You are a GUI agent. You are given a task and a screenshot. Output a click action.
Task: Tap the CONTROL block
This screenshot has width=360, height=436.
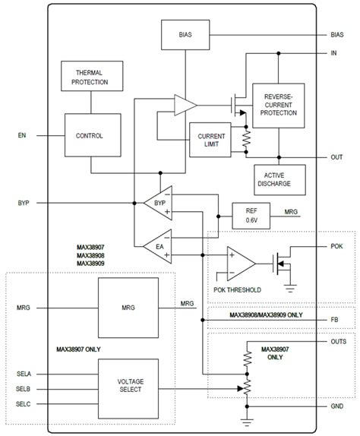[90, 136]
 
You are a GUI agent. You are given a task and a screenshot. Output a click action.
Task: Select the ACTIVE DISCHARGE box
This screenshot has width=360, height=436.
[278, 180]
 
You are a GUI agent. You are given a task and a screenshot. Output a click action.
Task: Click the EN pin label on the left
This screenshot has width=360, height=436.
[21, 136]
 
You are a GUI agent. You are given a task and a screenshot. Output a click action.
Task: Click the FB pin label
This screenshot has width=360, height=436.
[335, 320]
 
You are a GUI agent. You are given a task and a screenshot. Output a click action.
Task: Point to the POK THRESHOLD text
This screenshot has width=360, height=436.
[236, 290]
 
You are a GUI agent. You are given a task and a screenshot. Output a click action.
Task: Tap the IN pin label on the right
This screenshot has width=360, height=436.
[334, 53]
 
